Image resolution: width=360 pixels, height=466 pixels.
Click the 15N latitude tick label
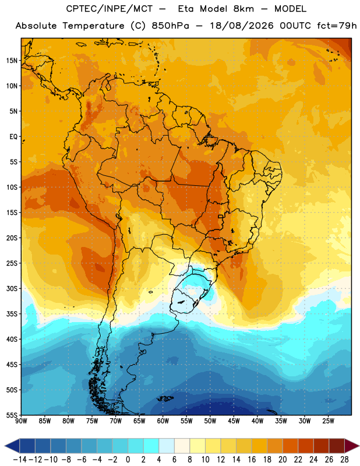(12, 61)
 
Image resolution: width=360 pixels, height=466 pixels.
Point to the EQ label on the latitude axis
(13, 137)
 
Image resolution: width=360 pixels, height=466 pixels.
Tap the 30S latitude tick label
(12, 288)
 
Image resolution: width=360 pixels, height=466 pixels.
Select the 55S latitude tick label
(12, 415)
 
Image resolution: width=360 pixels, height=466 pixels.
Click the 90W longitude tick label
(21, 421)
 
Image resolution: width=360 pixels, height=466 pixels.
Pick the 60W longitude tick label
(163, 421)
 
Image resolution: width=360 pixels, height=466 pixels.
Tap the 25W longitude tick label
(328, 421)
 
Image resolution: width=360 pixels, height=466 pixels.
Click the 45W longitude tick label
(234, 421)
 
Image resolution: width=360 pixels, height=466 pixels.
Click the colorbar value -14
(20, 460)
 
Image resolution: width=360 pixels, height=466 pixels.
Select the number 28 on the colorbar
(344, 460)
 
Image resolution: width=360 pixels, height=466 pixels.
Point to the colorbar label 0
(128, 460)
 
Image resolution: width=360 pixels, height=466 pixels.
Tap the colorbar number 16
(252, 460)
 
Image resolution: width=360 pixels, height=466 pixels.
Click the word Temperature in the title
(93, 26)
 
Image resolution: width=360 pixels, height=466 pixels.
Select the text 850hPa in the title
(170, 26)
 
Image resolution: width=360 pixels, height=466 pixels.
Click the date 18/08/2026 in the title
(242, 26)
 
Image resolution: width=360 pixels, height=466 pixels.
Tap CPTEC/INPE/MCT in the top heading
(110, 9)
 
